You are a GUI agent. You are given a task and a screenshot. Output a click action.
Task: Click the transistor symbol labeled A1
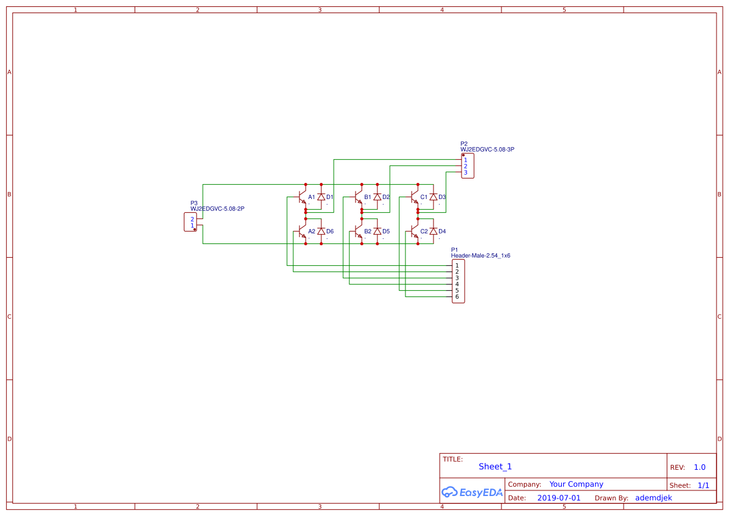(302, 197)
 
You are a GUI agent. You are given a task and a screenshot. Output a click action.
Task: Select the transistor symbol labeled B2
(358, 231)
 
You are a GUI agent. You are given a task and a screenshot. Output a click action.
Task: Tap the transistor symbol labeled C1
(414, 197)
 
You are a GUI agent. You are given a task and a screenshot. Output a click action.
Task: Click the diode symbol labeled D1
(321, 197)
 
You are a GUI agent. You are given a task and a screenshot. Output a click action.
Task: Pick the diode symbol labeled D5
(377, 231)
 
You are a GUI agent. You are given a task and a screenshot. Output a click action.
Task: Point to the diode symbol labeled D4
(433, 231)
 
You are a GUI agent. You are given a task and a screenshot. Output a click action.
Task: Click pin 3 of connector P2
(465, 172)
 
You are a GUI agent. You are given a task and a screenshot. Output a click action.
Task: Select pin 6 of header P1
(457, 297)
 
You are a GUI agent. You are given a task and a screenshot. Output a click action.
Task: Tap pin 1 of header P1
(457, 266)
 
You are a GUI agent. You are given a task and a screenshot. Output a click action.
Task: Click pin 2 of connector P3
(192, 219)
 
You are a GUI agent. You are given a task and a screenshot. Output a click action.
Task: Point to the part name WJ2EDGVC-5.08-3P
(487, 150)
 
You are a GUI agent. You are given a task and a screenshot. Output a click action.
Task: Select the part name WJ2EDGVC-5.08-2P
(217, 209)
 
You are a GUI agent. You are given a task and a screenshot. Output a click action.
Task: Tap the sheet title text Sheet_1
(495, 467)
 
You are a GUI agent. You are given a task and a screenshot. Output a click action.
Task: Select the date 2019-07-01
(558, 498)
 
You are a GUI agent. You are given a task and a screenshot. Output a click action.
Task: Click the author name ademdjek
(654, 498)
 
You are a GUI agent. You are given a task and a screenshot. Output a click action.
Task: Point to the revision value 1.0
(699, 467)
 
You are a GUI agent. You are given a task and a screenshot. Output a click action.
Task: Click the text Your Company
(576, 484)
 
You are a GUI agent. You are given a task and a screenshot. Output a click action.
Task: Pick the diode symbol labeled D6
(321, 231)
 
